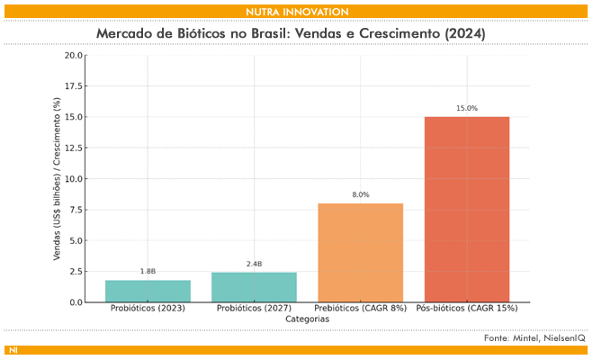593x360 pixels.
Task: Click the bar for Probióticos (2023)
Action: point(148,291)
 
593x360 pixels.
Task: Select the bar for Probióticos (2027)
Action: point(254,287)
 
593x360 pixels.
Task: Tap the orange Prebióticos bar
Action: point(360,253)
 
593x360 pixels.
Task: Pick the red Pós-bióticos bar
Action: point(466,210)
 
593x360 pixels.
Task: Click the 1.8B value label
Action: point(148,271)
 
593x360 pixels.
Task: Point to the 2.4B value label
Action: point(254,264)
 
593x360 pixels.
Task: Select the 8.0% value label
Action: point(360,194)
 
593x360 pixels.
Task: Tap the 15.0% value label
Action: point(466,108)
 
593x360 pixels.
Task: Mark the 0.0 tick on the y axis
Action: point(76,302)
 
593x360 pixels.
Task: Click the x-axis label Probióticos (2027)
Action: point(254,309)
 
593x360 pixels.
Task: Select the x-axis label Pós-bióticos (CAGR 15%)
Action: point(466,309)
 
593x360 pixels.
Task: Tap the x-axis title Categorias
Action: point(307,319)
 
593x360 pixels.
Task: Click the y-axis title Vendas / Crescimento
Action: point(57,179)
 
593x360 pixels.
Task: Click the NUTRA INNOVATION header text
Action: point(296,11)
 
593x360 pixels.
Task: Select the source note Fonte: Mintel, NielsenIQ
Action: point(534,337)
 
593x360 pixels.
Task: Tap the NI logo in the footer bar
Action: point(13,350)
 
